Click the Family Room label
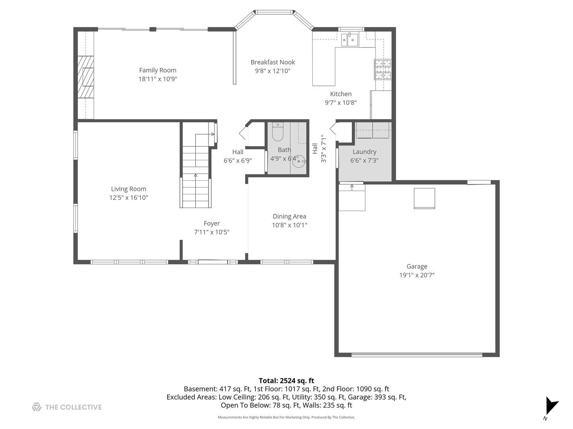click(158, 70)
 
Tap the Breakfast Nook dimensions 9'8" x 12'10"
click(273, 71)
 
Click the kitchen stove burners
click(382, 70)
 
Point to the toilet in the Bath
click(277, 133)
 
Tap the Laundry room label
click(364, 152)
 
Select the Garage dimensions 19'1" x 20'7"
click(417, 275)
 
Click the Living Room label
click(129, 189)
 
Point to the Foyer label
click(212, 224)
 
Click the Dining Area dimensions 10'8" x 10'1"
click(289, 225)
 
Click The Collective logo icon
click(37, 407)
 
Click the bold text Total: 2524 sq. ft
click(286, 381)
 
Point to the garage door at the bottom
click(417, 354)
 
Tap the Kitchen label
click(341, 94)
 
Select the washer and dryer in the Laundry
click(372, 130)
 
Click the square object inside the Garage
click(424, 198)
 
